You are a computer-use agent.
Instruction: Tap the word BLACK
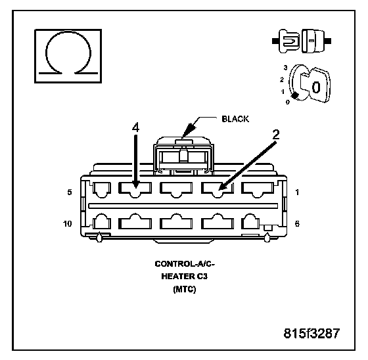pyautogui.click(x=235, y=119)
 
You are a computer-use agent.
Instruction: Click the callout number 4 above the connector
pyautogui.click(x=135, y=127)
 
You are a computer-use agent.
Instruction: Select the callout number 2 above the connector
pyautogui.click(x=276, y=135)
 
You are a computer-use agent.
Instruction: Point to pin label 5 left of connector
pyautogui.click(x=70, y=192)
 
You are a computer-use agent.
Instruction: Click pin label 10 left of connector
pyautogui.click(x=67, y=223)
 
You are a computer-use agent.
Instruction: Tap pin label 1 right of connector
pyautogui.click(x=297, y=192)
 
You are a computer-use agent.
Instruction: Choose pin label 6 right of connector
pyautogui.click(x=297, y=223)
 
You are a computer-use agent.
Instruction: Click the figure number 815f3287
pyautogui.click(x=311, y=333)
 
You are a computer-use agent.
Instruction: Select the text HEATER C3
pyautogui.click(x=185, y=276)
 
